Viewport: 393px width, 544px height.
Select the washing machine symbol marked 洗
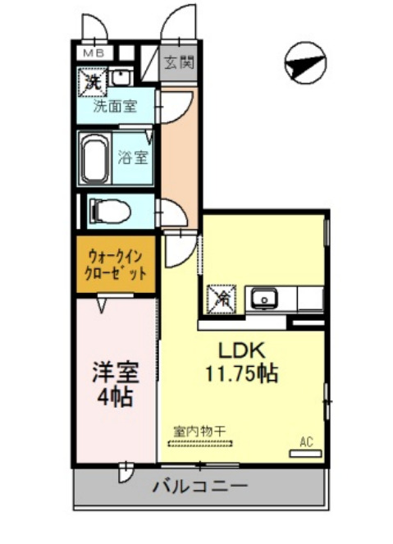[92, 82]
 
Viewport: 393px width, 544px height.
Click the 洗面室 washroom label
[114, 106]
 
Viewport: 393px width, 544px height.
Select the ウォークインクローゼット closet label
[116, 266]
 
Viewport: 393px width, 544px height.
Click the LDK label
[242, 348]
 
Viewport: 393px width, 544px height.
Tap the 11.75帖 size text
[241, 373]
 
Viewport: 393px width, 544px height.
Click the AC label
[307, 442]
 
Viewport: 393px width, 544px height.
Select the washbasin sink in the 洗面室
[120, 79]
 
